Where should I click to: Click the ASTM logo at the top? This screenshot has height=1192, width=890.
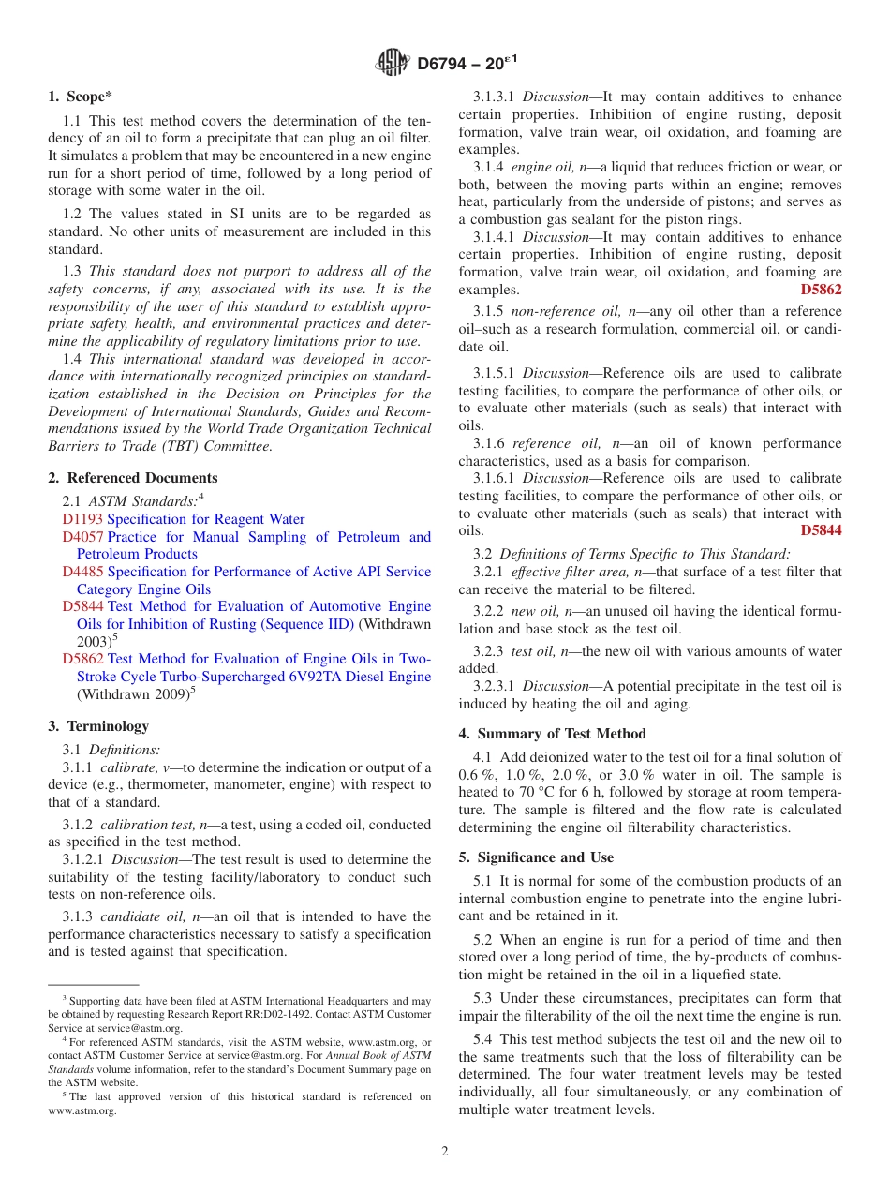click(393, 64)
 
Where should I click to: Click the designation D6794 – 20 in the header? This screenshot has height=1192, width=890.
click(467, 64)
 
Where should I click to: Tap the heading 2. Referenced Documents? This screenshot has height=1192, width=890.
click(133, 478)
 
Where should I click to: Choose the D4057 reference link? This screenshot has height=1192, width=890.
click(82, 537)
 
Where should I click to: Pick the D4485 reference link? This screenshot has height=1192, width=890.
click(82, 572)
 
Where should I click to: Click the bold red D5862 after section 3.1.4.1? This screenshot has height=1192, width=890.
click(821, 290)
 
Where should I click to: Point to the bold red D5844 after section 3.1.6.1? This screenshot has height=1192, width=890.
click(821, 530)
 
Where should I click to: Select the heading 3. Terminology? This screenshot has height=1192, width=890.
click(98, 726)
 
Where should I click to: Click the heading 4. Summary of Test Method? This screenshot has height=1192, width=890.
click(552, 734)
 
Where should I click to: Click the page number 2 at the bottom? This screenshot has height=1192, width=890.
click(445, 1152)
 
